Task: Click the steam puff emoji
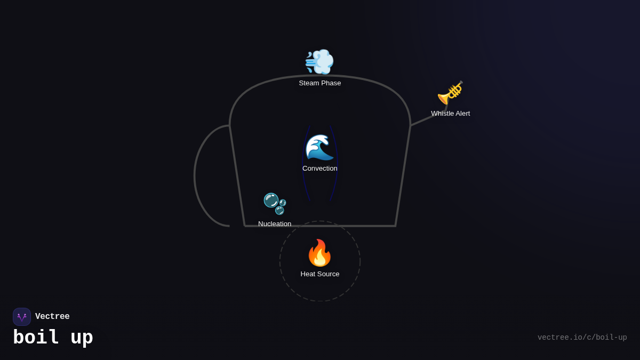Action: (319, 61)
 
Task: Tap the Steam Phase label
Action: (320, 83)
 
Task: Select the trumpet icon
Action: (450, 93)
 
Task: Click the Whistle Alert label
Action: (451, 114)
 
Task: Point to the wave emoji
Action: (319, 147)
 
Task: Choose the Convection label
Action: (320, 169)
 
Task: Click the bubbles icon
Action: (275, 203)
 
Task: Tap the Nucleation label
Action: (275, 224)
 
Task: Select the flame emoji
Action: (319, 253)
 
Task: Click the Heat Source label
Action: (320, 274)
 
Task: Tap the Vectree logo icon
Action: (22, 317)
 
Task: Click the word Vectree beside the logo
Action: (52, 317)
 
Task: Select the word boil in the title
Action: (36, 338)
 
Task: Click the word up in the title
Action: (82, 338)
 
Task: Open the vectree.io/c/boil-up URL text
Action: (582, 338)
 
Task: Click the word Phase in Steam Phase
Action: (331, 83)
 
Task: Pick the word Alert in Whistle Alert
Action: (461, 114)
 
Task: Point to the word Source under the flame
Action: (328, 274)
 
